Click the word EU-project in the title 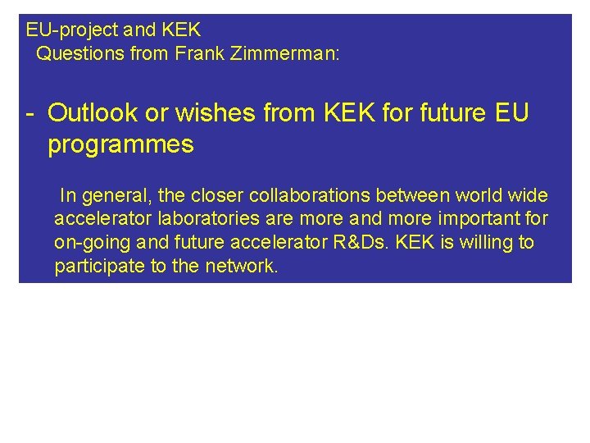tap(72, 31)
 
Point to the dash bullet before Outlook tap(29, 113)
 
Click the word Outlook tap(93, 113)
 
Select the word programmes tap(120, 145)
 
